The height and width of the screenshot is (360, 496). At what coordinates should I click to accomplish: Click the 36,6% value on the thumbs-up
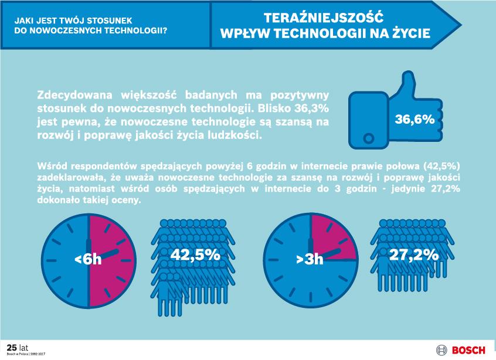415,120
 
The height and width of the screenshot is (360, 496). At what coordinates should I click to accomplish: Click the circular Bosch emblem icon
441,351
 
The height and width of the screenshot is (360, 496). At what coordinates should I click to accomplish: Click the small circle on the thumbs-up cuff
368,138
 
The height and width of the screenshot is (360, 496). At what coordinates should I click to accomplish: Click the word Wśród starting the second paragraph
51,166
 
